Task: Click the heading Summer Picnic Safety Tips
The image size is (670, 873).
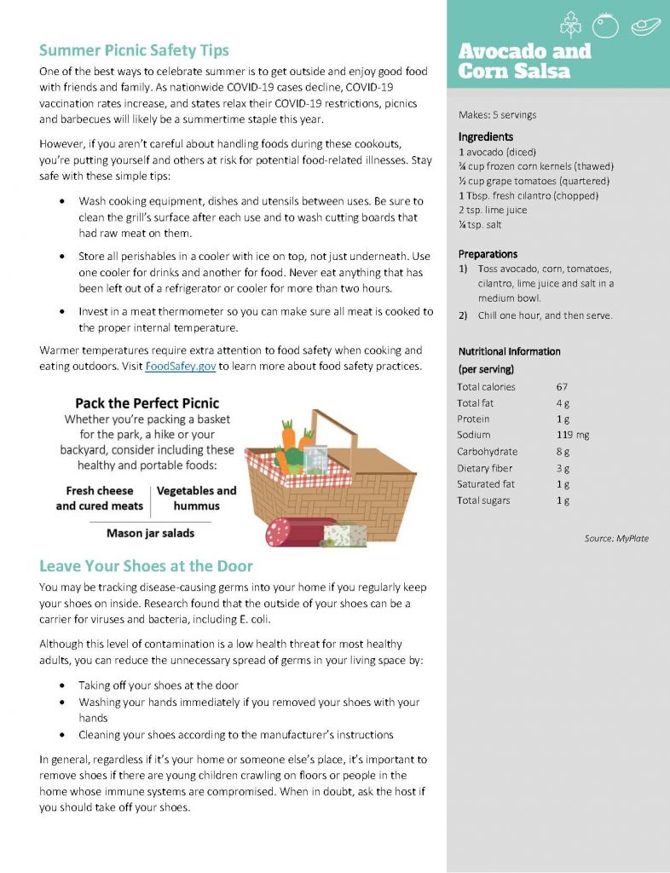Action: (134, 50)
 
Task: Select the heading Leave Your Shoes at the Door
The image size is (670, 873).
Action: (146, 566)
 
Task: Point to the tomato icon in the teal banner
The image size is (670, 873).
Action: (605, 26)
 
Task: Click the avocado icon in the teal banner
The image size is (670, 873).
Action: (645, 26)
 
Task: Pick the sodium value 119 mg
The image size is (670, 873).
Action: (572, 435)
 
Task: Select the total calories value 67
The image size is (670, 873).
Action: (562, 387)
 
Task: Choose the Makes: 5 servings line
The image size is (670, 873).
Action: (498, 115)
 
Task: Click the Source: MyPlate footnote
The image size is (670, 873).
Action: (616, 539)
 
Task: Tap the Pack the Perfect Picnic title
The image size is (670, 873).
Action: (147, 403)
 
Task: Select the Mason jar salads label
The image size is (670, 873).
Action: (150, 534)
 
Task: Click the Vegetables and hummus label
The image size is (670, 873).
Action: (196, 498)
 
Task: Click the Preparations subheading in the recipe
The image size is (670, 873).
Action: (488, 254)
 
